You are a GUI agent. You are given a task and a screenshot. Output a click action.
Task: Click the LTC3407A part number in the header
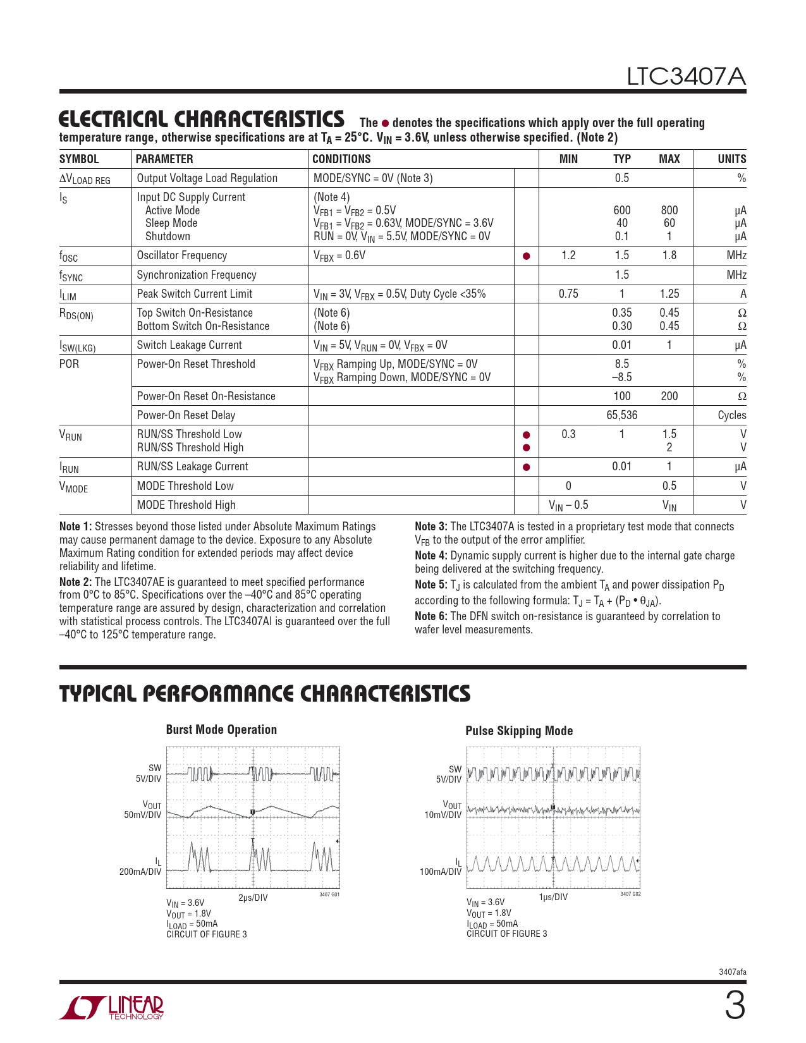686,76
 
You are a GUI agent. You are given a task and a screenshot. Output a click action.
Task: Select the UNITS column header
731,159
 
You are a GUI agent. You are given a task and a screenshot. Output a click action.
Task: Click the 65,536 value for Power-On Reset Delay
621,415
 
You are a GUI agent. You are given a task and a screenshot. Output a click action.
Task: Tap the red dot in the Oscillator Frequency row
526,256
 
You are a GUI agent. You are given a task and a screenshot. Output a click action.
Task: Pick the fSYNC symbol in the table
71,276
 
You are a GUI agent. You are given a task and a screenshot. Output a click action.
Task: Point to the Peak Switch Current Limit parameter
194,294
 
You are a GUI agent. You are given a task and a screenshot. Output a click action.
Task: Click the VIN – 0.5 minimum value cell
568,505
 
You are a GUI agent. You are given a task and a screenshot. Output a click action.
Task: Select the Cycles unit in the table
731,415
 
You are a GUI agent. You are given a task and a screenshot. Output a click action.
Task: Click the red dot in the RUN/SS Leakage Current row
526,467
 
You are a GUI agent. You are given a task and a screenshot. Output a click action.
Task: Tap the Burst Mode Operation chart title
221,729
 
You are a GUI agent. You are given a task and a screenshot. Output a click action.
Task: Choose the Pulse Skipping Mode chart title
519,731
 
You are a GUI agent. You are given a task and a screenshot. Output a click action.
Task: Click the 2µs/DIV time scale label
253,898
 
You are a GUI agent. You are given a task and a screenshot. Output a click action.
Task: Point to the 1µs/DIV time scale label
553,897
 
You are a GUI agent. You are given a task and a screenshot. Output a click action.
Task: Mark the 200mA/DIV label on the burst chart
140,872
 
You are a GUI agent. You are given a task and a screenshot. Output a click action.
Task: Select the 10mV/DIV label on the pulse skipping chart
443,815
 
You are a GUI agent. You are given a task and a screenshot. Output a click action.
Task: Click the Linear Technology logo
112,1008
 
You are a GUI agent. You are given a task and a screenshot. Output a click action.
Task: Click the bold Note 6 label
431,616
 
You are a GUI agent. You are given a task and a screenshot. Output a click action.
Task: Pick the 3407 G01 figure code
329,894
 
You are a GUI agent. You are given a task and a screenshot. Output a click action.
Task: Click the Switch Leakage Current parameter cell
189,345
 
